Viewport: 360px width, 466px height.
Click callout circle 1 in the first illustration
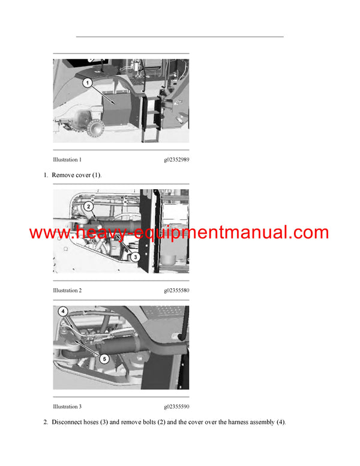pos(88,83)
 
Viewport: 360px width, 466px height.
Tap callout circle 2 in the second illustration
pos(88,207)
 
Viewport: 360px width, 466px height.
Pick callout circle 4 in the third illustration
pos(63,312)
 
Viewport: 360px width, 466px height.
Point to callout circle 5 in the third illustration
pos(104,359)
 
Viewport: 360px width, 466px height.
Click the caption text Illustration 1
pos(67,160)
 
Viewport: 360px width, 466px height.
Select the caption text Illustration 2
pos(67,291)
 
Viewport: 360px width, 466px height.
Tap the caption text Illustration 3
pos(67,407)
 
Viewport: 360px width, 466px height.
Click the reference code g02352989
pos(176,160)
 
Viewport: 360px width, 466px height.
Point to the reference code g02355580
pos(176,291)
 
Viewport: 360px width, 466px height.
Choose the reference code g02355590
pos(176,407)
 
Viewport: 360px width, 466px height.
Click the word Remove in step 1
pos(64,175)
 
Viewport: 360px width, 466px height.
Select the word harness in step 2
pos(226,422)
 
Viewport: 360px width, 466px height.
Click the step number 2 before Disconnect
pos(46,422)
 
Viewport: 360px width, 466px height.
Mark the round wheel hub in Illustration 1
pos(96,128)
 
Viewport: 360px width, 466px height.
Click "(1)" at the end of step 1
pos(95,175)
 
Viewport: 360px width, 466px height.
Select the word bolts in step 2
pos(158,422)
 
